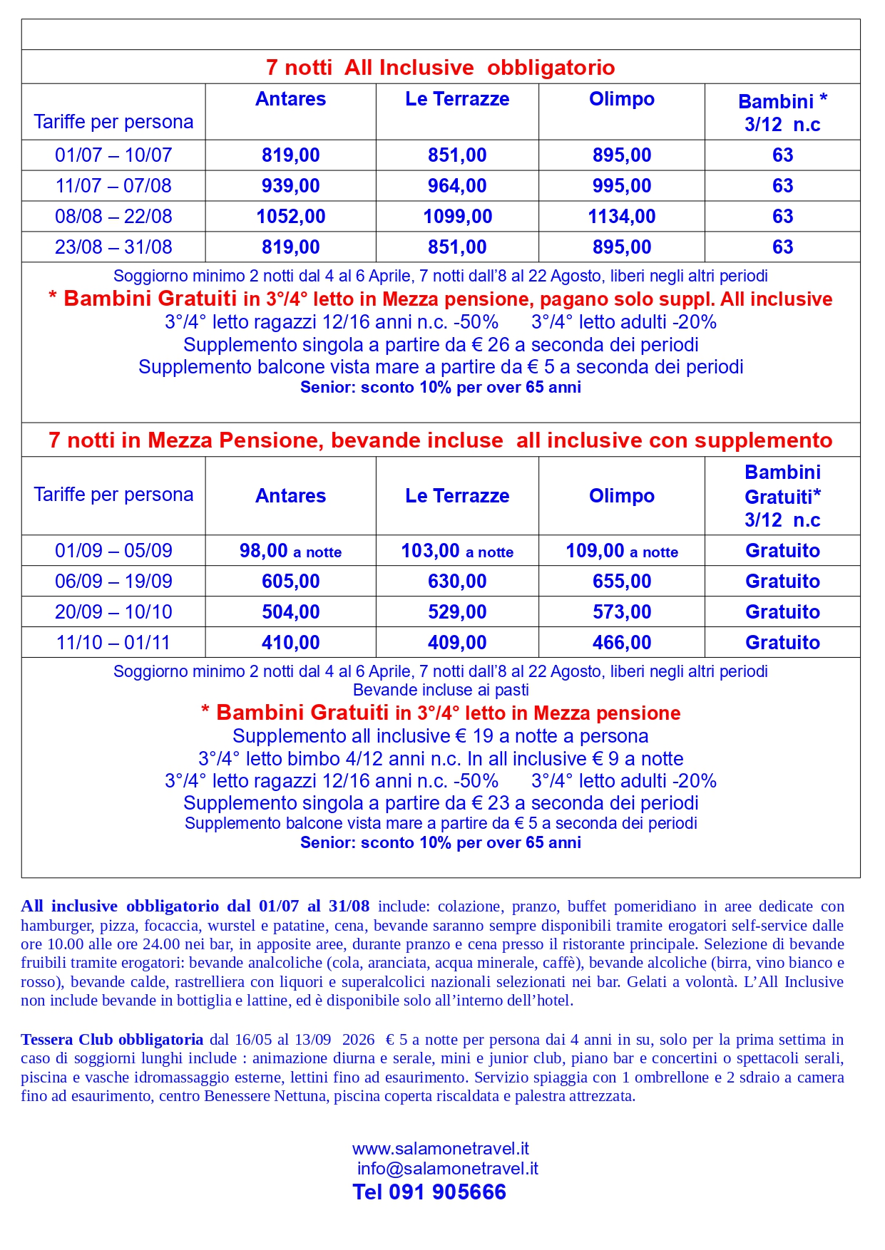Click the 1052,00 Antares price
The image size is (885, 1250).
(290, 217)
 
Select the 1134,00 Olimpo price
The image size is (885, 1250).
(621, 217)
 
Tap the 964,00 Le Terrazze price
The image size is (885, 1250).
(457, 186)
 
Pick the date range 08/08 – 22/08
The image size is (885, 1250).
(113, 217)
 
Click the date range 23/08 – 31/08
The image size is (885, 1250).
(113, 247)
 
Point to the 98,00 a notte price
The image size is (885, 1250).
(290, 551)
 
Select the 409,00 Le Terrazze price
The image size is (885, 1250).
(457, 643)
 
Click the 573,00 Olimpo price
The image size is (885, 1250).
(621, 612)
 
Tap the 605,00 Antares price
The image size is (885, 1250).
(290, 582)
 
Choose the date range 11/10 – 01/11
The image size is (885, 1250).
(113, 643)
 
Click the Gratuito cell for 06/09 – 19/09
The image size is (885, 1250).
(782, 582)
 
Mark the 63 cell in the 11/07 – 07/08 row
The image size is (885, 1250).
(782, 186)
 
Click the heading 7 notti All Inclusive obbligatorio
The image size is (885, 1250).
(440, 68)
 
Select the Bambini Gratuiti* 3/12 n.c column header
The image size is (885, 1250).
(782, 496)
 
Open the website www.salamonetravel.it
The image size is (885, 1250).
(440, 1149)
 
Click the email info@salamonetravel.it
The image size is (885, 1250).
(447, 1169)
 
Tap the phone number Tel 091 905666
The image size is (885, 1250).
(429, 1192)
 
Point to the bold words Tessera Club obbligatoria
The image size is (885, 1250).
(112, 1040)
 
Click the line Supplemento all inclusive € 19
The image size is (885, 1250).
(440, 736)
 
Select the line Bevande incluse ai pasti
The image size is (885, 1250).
(440, 690)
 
